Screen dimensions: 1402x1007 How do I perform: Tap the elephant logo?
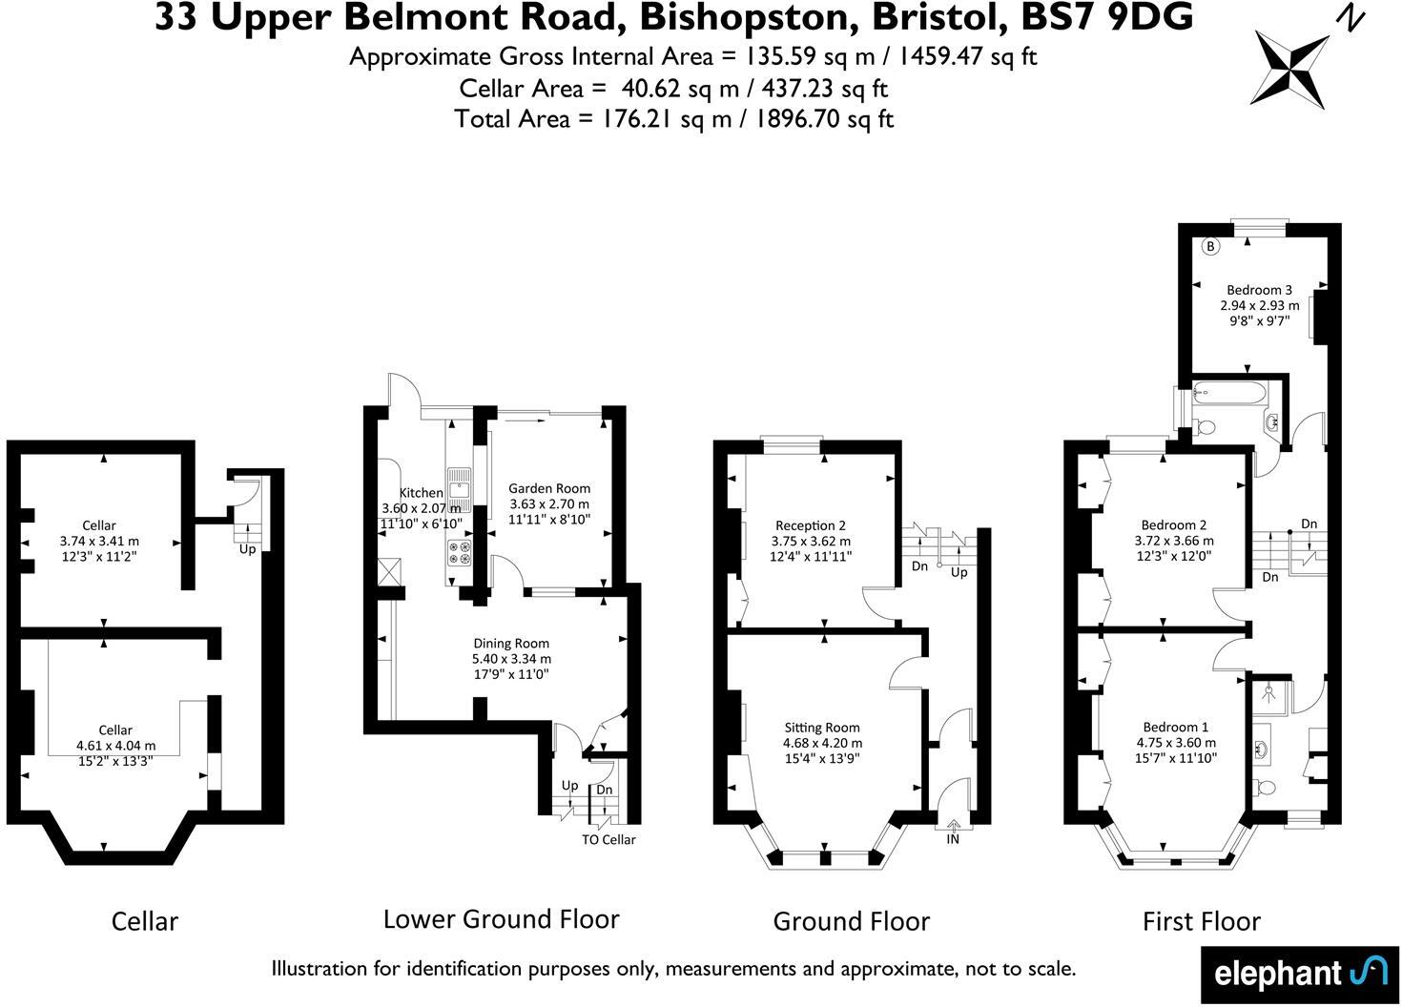(x=1299, y=974)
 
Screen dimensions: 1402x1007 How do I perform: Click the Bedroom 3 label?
(x=1259, y=290)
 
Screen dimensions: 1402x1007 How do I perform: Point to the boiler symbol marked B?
(x=1210, y=246)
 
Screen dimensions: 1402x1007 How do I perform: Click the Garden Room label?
(x=548, y=488)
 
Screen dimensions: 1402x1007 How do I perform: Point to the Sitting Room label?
(x=822, y=728)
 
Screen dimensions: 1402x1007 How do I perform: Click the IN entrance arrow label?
(x=953, y=840)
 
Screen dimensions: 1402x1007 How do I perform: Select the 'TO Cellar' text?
(x=608, y=840)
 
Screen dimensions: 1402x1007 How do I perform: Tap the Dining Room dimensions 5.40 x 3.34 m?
(x=511, y=659)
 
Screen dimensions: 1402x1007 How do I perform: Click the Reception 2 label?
(x=810, y=525)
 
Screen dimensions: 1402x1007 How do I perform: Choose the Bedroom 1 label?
(x=1175, y=727)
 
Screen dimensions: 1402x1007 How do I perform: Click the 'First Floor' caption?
(x=1201, y=921)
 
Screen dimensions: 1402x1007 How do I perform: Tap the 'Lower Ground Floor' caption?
(x=501, y=919)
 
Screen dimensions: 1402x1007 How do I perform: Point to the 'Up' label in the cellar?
(x=247, y=549)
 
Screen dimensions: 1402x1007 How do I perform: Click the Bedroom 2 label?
(x=1174, y=525)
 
